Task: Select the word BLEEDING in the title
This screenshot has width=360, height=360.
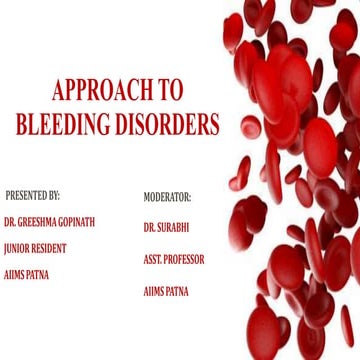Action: [62, 125]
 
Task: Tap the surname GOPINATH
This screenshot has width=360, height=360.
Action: [78, 222]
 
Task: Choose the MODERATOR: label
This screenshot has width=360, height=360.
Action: [167, 197]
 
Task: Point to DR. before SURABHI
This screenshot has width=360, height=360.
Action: [149, 227]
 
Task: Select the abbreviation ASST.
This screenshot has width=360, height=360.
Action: [154, 259]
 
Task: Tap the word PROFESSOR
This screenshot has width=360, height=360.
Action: [186, 259]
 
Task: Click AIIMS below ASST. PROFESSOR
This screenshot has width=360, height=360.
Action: [155, 290]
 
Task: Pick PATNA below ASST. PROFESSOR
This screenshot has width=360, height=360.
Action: [181, 290]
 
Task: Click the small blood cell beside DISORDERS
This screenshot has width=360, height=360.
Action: [252, 127]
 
